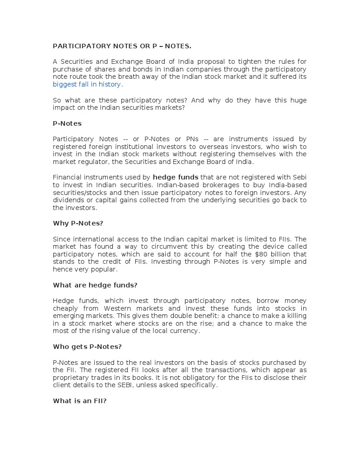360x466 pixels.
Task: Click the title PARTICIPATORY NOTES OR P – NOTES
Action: [x=122, y=46]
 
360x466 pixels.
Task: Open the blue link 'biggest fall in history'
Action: [x=86, y=84]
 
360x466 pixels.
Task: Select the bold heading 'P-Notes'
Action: [x=67, y=123]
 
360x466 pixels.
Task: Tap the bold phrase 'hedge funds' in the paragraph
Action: [x=175, y=177]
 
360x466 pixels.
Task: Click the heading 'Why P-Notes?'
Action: [x=78, y=223]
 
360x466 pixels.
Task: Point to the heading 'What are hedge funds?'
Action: [x=95, y=285]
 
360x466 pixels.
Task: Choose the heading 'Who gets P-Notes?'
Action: [x=87, y=347]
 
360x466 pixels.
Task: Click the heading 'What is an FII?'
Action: [x=80, y=401]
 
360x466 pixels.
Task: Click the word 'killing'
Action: [x=295, y=316]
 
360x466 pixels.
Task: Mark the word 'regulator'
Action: [x=92, y=162]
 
